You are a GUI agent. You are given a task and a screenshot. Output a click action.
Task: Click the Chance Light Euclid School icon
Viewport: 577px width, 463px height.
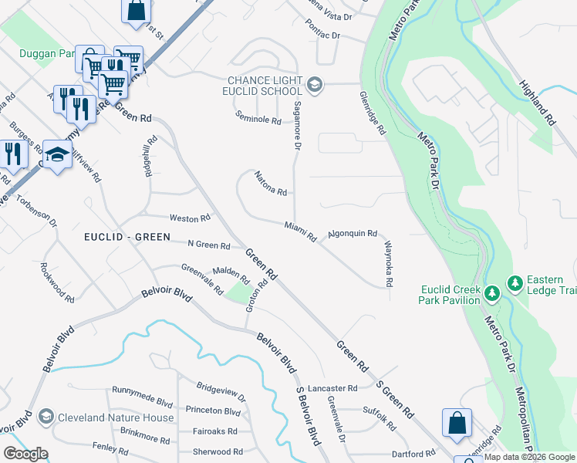pos(314,83)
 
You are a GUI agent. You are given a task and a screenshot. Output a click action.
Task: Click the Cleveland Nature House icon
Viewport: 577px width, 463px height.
pos(46,417)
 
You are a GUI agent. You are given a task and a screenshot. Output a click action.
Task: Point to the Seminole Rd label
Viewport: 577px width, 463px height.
pos(258,120)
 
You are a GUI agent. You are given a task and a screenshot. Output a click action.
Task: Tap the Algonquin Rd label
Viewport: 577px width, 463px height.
pos(352,233)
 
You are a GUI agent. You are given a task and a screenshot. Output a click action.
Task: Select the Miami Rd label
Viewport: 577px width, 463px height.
pos(300,231)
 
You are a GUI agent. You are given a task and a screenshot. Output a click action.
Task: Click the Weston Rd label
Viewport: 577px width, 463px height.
pos(190,218)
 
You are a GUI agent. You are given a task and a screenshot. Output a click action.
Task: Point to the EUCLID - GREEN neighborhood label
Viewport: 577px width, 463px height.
pos(127,237)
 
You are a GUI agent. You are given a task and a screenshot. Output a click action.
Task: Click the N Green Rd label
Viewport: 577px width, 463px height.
pos(208,245)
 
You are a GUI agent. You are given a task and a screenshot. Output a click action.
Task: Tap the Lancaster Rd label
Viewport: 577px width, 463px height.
pos(332,388)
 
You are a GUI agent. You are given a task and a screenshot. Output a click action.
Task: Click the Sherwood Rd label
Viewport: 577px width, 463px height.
pos(217,451)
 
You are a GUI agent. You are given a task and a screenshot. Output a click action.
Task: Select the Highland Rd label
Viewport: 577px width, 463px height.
pos(537,103)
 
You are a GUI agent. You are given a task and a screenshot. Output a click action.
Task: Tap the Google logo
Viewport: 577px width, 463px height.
pos(25,454)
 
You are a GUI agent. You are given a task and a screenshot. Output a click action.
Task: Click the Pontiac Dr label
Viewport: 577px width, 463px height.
pos(322,36)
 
